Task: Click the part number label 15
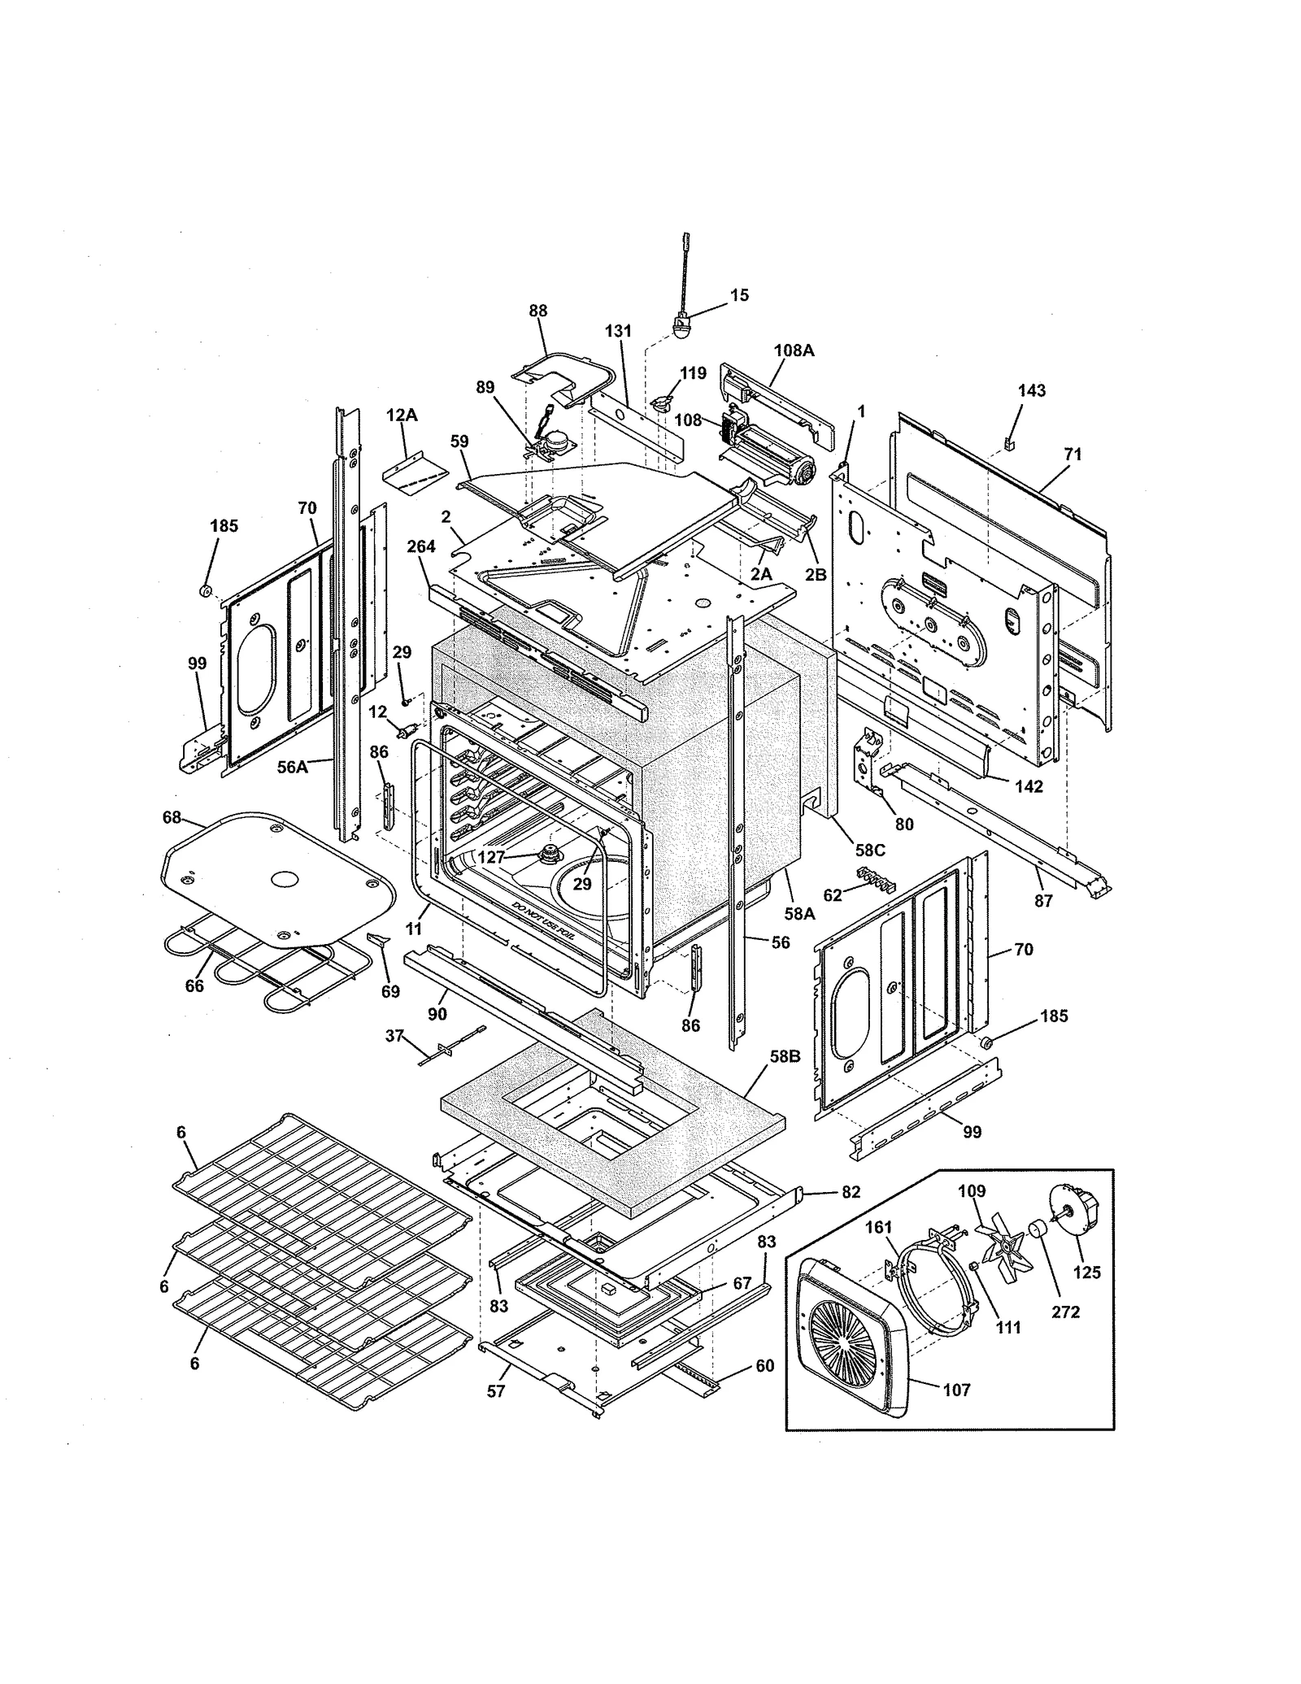pos(738,295)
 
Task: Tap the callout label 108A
pos(794,350)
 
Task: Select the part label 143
pos(1031,390)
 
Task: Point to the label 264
pos(421,546)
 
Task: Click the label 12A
pos(401,416)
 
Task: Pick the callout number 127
pos(491,856)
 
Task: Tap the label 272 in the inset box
pos(1065,1312)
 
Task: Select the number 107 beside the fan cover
pos(956,1390)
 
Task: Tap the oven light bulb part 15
pos(681,327)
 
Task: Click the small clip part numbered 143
pos(1011,443)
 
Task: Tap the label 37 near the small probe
pos(394,1035)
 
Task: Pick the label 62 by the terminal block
pos(833,895)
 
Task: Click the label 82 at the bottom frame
pos(851,1192)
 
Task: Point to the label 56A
pos(293,766)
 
